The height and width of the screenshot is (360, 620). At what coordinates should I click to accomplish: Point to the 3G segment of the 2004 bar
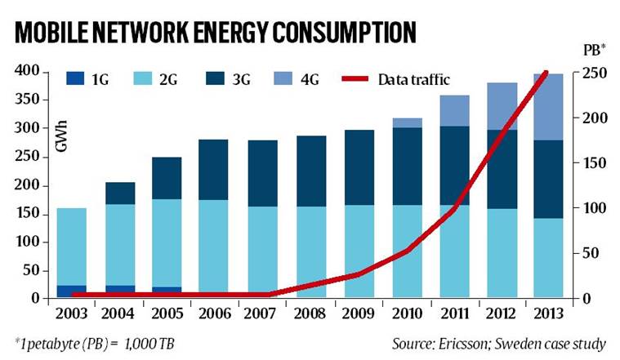(x=120, y=193)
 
